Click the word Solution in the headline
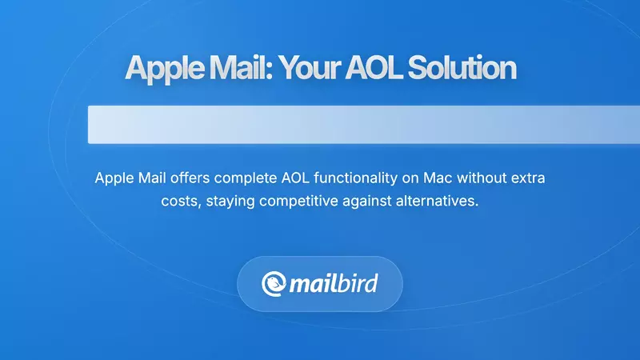(x=460, y=69)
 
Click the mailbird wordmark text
(x=334, y=284)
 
